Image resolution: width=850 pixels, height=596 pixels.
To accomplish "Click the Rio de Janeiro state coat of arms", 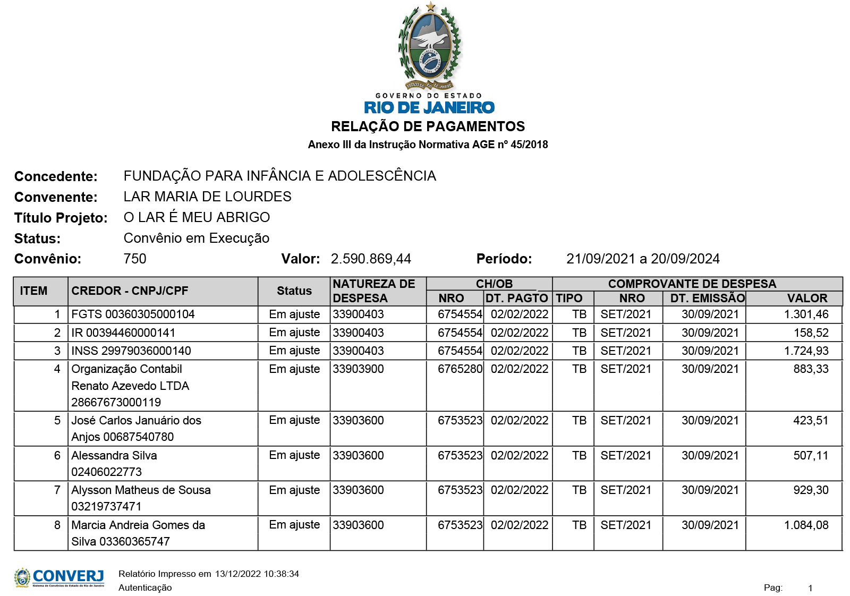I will click(x=429, y=47).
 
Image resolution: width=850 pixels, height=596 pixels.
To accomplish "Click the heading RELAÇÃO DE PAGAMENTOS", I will click(x=428, y=126).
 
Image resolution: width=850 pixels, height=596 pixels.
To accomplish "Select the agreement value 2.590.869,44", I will click(x=371, y=259).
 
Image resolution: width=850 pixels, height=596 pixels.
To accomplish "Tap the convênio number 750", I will click(x=134, y=259).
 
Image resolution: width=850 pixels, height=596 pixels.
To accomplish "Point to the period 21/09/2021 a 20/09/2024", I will click(x=643, y=259).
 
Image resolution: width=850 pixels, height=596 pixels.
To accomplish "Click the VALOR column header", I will click(x=807, y=298).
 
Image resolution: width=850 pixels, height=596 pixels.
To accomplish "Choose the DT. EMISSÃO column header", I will click(x=707, y=298).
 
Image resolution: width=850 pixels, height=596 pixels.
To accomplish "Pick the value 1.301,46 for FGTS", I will click(x=806, y=314).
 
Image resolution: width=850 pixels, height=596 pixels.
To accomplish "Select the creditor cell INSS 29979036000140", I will click(x=131, y=351).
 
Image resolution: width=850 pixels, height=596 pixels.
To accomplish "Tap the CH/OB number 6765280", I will click(x=460, y=369).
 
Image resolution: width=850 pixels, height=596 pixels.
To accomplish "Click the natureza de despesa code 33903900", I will click(x=359, y=369).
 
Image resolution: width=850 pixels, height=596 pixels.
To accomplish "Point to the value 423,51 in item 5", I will click(x=811, y=420).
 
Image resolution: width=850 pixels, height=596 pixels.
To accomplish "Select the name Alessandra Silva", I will click(x=114, y=455).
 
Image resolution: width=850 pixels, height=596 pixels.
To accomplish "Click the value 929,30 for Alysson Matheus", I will click(x=811, y=490).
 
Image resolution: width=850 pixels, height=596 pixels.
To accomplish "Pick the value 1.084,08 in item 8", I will click(x=806, y=525).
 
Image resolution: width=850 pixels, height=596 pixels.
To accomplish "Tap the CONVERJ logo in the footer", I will click(x=59, y=577).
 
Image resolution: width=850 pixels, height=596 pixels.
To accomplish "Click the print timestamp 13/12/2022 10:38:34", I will click(x=257, y=574).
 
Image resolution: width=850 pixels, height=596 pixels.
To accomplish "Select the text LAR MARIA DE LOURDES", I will click(x=207, y=197).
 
